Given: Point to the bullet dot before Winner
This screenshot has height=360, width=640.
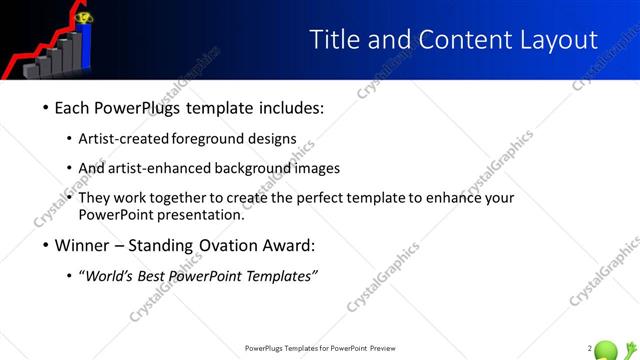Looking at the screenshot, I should coord(46,245).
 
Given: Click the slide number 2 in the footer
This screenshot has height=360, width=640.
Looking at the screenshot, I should coord(589,348).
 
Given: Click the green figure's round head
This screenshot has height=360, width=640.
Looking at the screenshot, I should coord(605,350).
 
